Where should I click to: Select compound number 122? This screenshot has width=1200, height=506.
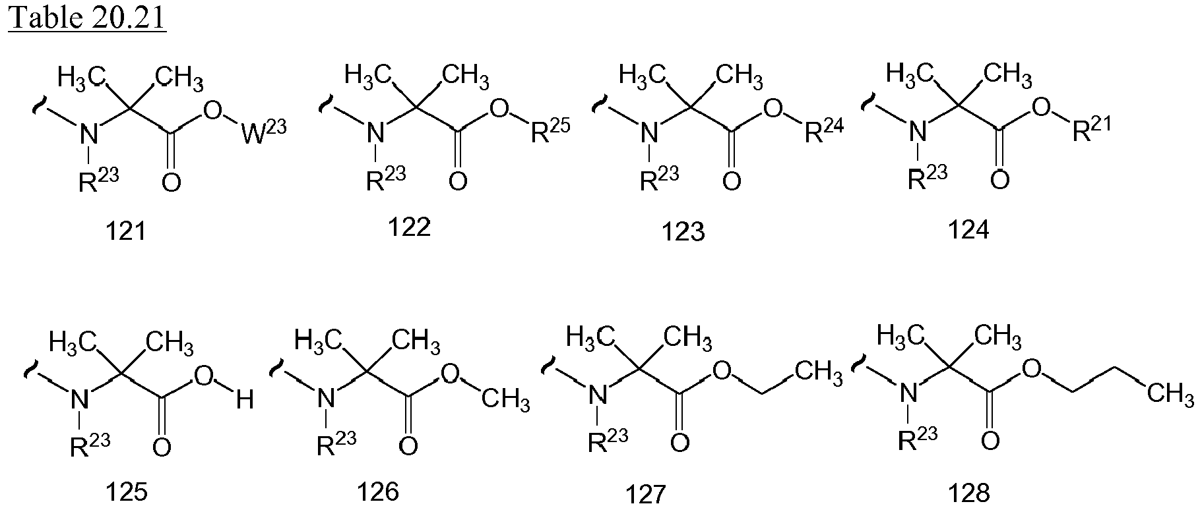(409, 227)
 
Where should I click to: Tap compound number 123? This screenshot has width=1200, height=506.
(684, 231)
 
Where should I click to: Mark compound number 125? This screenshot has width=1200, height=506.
(127, 492)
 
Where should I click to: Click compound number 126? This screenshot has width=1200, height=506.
(378, 491)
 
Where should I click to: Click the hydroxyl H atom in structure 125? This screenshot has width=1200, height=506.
(245, 399)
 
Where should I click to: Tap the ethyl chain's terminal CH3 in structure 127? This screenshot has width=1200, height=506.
(819, 373)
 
